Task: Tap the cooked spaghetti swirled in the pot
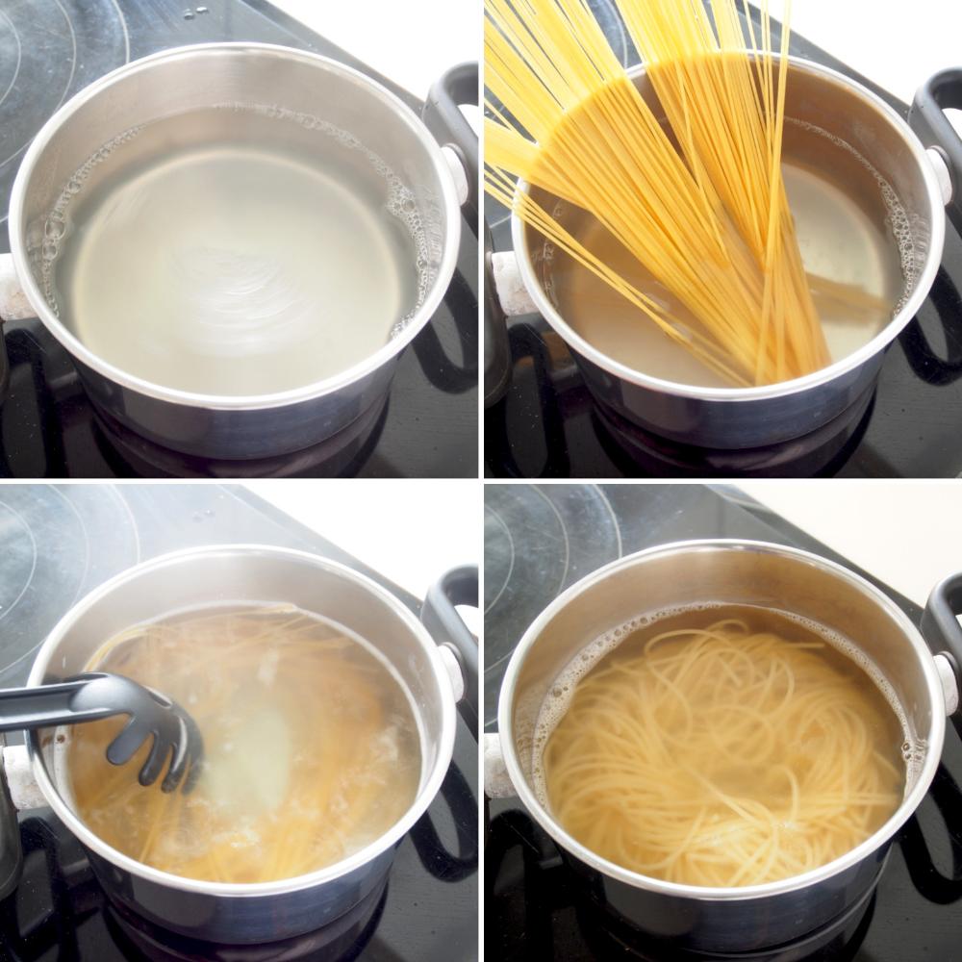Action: [x=721, y=750]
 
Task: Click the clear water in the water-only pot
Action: [x=231, y=250]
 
